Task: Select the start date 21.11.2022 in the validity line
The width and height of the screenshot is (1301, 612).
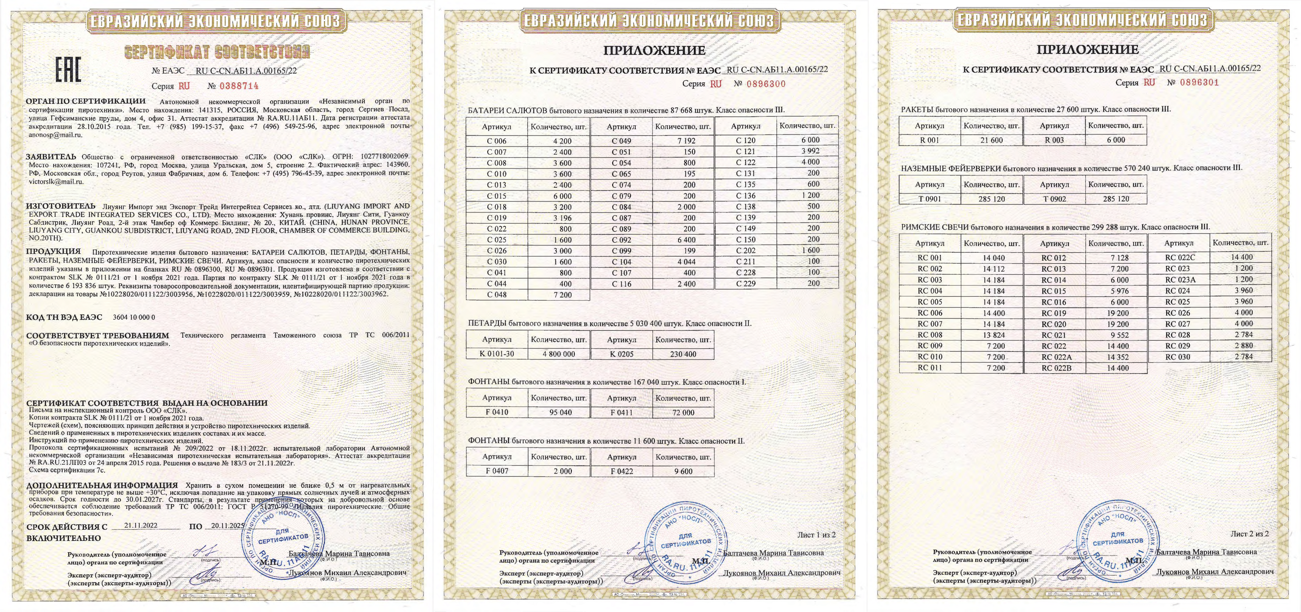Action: (141, 525)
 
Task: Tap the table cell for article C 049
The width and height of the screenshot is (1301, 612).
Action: (621, 141)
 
